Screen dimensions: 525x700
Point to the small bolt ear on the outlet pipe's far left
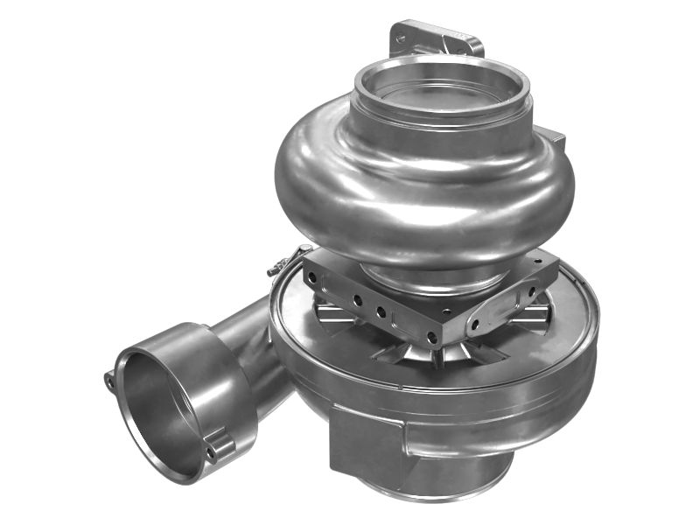110,380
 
